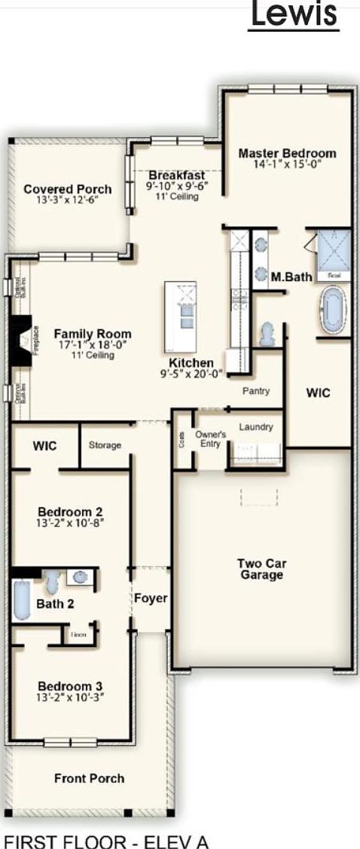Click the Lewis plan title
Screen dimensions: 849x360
click(294, 15)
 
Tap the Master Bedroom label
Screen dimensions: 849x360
click(287, 154)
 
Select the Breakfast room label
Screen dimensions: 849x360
click(177, 176)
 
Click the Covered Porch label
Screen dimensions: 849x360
click(68, 190)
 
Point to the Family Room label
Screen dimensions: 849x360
click(93, 334)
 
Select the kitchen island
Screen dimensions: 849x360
click(181, 317)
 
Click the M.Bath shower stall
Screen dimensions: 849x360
click(331, 254)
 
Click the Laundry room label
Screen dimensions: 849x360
click(256, 427)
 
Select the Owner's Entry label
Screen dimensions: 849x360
click(211, 438)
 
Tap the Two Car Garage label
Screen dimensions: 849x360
click(261, 570)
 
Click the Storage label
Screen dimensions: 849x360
click(105, 445)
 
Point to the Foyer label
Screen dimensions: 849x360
click(151, 599)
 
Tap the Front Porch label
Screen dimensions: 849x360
click(89, 778)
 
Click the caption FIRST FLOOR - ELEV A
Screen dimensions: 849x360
click(105, 840)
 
